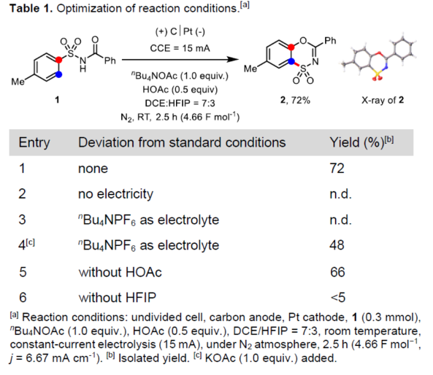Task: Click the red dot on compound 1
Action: tap(58, 59)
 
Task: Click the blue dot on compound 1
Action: tap(58, 74)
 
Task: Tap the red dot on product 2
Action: tap(291, 47)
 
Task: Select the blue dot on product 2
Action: tap(291, 61)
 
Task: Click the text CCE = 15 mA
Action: tap(180, 48)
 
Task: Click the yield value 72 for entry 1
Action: tap(337, 169)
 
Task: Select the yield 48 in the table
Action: tap(337, 245)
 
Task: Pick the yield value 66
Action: tap(337, 272)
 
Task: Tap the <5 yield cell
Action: tap(338, 298)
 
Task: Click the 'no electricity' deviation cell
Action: tap(115, 194)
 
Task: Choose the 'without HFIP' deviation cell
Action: tap(118, 298)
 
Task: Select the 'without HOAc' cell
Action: tap(120, 272)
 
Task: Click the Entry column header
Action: tap(34, 143)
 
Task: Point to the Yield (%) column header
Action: tap(361, 142)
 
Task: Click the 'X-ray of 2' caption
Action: tap(383, 100)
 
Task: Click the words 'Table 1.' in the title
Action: tap(31, 9)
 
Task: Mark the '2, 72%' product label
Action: tap(295, 100)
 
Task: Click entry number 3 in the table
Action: tap(22, 220)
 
